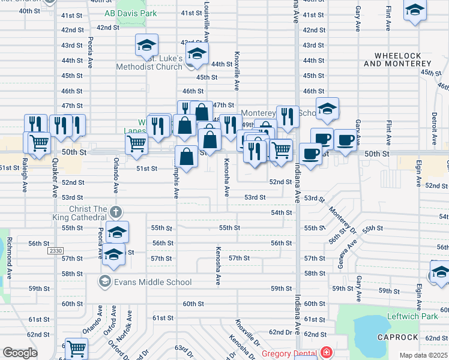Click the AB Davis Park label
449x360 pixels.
click(130, 13)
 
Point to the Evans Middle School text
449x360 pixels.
click(153, 282)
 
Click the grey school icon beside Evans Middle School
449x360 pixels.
click(105, 281)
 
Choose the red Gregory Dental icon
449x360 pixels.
click(326, 353)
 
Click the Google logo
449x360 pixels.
click(20, 353)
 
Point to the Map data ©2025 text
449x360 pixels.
click(423, 355)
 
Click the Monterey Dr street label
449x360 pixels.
click(343, 220)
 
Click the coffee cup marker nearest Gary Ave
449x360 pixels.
click(345, 140)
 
